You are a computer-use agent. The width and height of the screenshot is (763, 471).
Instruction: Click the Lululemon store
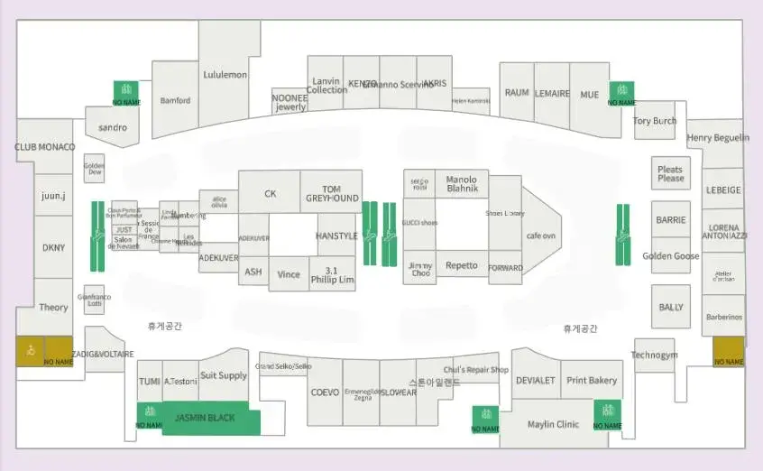pyautogui.click(x=225, y=75)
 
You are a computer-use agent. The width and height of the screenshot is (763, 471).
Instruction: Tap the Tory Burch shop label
pyautogui.click(x=654, y=121)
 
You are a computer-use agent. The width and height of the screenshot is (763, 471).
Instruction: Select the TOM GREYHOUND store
pyautogui.click(x=331, y=193)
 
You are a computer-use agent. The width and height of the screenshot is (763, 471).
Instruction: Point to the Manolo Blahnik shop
pyautogui.click(x=461, y=184)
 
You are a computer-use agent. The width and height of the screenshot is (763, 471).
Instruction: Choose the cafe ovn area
pyautogui.click(x=540, y=235)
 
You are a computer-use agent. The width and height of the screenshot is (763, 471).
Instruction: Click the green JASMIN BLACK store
pyautogui.click(x=205, y=418)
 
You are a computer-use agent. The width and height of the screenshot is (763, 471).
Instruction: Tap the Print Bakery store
pyautogui.click(x=591, y=380)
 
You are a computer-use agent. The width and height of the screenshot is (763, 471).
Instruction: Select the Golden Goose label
pyautogui.click(x=670, y=256)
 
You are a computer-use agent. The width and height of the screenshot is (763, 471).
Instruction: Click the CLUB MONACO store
pyautogui.click(x=44, y=147)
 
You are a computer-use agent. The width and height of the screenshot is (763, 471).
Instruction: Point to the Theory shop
pyautogui.click(x=53, y=308)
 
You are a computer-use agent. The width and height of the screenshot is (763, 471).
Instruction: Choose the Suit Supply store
pyautogui.click(x=223, y=375)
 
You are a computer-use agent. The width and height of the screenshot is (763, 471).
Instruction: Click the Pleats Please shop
pyautogui.click(x=670, y=173)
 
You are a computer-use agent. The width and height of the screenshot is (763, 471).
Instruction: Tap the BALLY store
pyautogui.click(x=670, y=308)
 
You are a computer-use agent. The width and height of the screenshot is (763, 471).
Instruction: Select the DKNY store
pyautogui.click(x=53, y=247)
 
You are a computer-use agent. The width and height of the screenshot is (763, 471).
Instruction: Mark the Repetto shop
pyautogui.click(x=461, y=266)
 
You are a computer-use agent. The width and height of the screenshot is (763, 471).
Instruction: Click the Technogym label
pyautogui.click(x=654, y=356)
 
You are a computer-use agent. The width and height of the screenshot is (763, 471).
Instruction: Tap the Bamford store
pyautogui.click(x=175, y=100)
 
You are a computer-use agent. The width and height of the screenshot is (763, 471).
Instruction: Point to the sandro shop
pyautogui.click(x=113, y=127)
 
